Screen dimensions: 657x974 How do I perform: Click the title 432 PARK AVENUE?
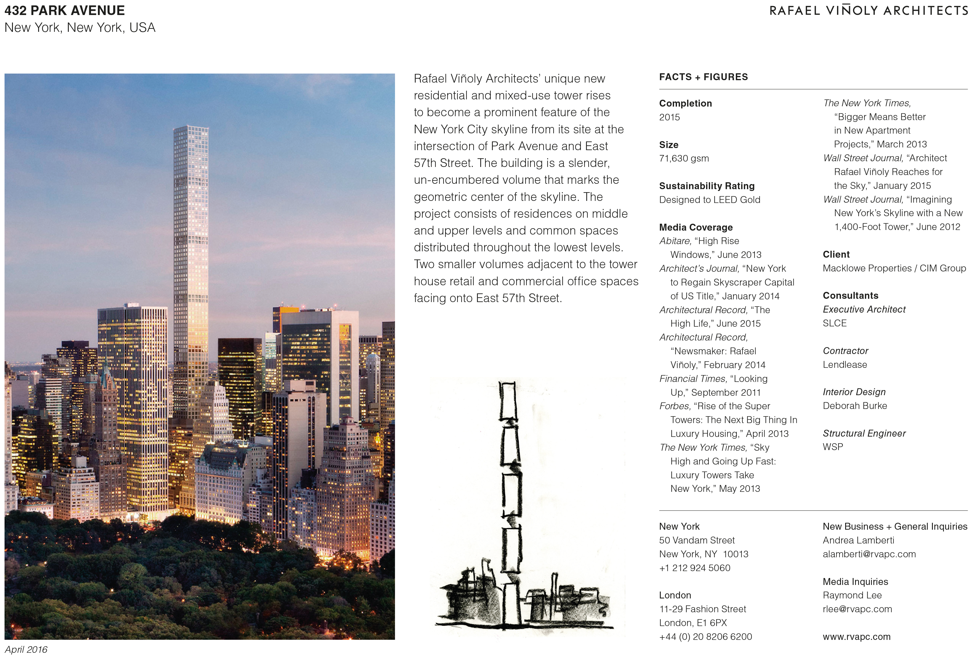click(x=65, y=11)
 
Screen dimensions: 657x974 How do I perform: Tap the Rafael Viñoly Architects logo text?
click(x=868, y=11)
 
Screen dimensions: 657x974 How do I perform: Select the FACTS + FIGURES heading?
click(x=703, y=77)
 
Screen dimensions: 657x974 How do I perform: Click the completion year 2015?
click(x=669, y=117)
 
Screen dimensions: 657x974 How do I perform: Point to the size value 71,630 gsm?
click(x=684, y=158)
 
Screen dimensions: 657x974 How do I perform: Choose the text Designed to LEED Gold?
click(x=709, y=200)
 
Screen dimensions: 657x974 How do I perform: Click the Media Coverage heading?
click(x=696, y=228)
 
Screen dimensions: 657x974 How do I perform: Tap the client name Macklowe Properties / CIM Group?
click(x=894, y=268)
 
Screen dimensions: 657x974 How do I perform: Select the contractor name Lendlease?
click(x=845, y=365)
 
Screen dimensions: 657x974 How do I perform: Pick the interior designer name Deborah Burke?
click(x=854, y=406)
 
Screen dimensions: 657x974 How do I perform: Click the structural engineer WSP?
click(x=832, y=447)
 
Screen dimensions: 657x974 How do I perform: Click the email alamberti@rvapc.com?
click(x=869, y=554)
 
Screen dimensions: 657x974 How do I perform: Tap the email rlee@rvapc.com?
click(x=857, y=609)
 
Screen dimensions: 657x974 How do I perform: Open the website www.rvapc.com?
click(x=856, y=637)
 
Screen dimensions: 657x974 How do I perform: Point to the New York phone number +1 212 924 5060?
click(x=694, y=568)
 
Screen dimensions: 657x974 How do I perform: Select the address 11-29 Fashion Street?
click(x=702, y=609)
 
